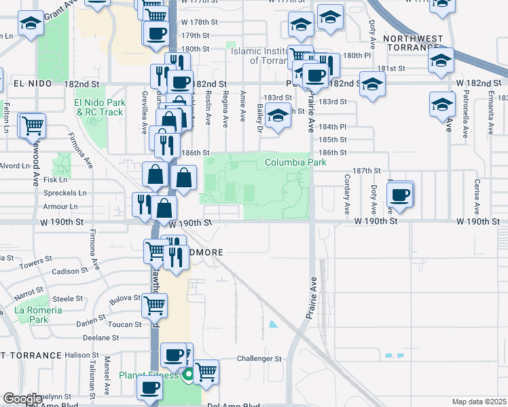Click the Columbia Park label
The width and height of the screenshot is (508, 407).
coord(295,162)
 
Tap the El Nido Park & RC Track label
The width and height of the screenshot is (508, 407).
coord(99,107)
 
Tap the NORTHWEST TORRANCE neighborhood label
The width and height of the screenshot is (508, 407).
coord(413,43)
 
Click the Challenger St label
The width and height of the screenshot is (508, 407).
coord(259,358)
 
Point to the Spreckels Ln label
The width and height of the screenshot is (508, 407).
coord(69,193)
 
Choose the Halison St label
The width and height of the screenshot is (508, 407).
coord(82,355)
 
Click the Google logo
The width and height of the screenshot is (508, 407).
coord(22,398)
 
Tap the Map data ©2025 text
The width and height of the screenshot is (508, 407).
coord(479,402)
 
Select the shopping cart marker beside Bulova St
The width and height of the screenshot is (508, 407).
coord(154,305)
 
